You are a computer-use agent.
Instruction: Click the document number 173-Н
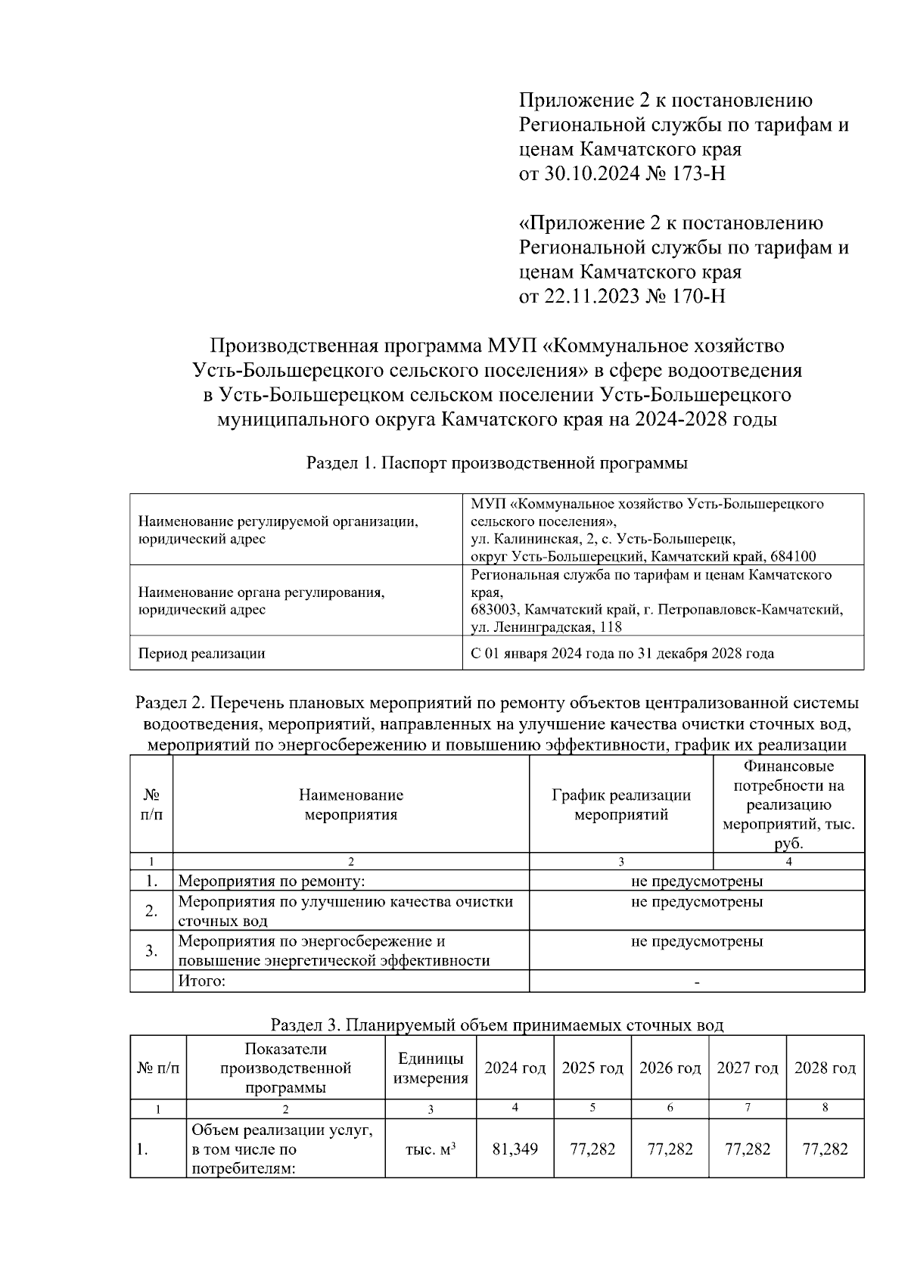(695, 174)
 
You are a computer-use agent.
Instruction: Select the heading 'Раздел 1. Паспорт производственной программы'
(496, 464)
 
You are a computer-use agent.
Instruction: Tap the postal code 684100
(794, 556)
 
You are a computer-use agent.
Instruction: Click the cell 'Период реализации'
(201, 653)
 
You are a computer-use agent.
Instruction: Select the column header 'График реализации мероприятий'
(620, 804)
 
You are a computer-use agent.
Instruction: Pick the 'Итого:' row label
(202, 981)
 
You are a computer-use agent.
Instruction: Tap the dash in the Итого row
(696, 982)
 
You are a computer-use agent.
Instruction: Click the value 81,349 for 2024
(515, 1149)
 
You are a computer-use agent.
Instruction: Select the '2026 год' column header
(670, 1068)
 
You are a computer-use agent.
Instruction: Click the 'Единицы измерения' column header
(431, 1068)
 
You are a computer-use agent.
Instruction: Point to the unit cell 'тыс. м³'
(431, 1149)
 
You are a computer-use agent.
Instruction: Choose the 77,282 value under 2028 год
(825, 1149)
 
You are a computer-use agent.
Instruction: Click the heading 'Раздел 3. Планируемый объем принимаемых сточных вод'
(496, 1025)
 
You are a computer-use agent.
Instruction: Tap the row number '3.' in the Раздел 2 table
(151, 950)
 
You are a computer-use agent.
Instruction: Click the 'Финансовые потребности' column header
(788, 804)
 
